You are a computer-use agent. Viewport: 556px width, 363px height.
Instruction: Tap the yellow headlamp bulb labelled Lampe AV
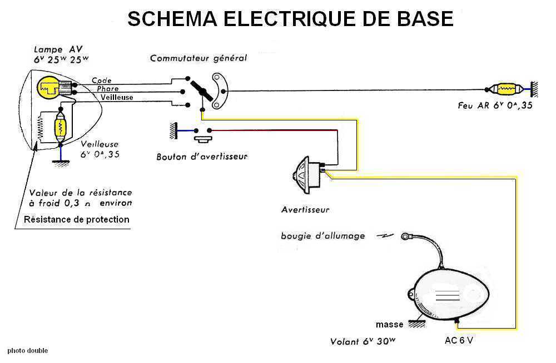click(48, 87)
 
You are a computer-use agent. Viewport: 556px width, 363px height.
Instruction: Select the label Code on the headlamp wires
click(102, 80)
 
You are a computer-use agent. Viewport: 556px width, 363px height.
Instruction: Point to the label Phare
click(107, 89)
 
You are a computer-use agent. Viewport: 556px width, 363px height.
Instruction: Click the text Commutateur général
click(198, 58)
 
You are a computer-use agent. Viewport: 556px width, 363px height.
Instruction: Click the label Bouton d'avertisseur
click(202, 157)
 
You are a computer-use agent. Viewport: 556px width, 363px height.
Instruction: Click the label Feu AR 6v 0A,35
click(495, 105)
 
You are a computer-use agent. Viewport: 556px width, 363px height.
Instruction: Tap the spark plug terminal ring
click(405, 236)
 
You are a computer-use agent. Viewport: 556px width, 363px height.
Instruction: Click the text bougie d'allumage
click(322, 236)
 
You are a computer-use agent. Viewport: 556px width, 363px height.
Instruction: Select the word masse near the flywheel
click(389, 325)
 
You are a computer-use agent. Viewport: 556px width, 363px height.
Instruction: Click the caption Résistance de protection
click(76, 219)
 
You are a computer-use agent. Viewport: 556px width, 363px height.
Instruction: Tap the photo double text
click(28, 351)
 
